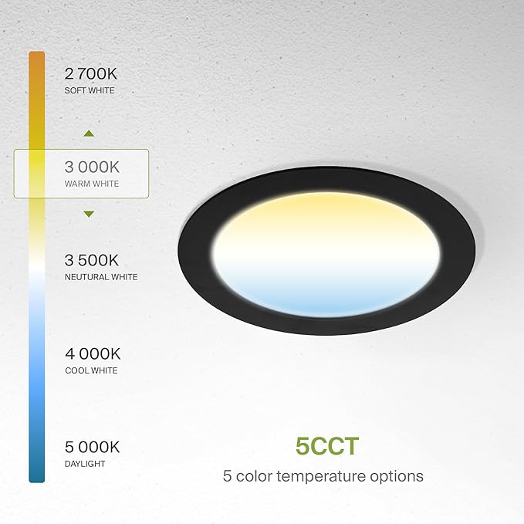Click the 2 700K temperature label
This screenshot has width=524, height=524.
[x=93, y=74]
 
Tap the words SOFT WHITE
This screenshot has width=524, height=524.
[x=90, y=91]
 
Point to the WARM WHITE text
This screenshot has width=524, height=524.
[x=92, y=184]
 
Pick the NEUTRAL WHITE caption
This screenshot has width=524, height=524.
[x=101, y=277]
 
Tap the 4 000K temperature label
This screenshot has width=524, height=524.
[x=93, y=354]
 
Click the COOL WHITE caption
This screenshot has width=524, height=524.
[x=91, y=370]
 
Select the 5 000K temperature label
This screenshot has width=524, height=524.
[x=93, y=447]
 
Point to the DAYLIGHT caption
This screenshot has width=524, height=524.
[x=85, y=464]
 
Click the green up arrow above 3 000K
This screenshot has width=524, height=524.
[x=89, y=134]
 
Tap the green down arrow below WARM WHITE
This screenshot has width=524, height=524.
[x=89, y=213]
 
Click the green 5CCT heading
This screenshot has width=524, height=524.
[x=327, y=446]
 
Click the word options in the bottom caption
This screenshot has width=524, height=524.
[x=397, y=476]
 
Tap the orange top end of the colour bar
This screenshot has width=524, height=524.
[x=36, y=58]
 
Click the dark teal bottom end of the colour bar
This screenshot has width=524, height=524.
[x=36, y=475]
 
